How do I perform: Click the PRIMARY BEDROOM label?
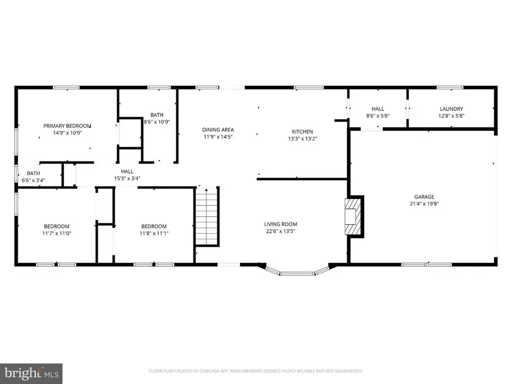(x=67, y=126)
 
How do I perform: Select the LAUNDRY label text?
(x=451, y=109)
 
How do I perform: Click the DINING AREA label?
(x=218, y=130)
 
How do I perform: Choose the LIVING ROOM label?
(x=280, y=224)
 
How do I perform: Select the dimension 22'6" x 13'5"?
(x=280, y=232)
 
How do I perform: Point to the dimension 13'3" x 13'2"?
(x=303, y=138)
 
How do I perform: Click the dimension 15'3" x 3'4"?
(x=127, y=178)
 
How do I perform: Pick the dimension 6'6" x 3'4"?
(x=34, y=181)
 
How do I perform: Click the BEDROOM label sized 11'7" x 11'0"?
(x=57, y=226)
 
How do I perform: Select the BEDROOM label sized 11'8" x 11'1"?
(x=154, y=226)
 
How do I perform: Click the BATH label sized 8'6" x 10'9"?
(x=156, y=114)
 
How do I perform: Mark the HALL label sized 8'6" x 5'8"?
(x=378, y=109)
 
